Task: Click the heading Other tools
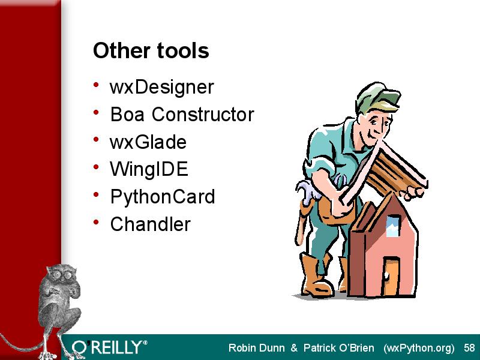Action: (151, 50)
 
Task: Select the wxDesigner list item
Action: (161, 88)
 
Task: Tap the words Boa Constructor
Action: (182, 115)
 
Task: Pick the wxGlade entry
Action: (148, 142)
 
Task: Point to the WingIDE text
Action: (149, 169)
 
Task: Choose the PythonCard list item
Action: (163, 197)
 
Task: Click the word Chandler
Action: (151, 224)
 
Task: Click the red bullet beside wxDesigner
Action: (96, 85)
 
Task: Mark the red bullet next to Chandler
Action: (96, 221)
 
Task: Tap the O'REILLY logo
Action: (109, 347)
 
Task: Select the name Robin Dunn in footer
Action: (257, 348)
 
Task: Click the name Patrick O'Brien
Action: (339, 348)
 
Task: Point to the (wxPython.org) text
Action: (419, 349)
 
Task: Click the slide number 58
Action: (469, 348)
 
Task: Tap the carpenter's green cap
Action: (377, 97)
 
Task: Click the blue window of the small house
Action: (393, 226)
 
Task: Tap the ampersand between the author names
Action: (294, 348)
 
